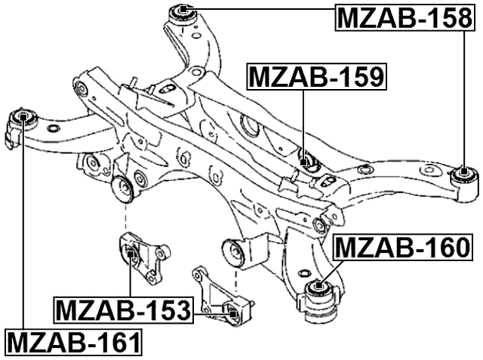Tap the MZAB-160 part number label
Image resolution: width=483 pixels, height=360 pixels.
pos(402,247)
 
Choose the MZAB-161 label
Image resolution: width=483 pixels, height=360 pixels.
pos(73,343)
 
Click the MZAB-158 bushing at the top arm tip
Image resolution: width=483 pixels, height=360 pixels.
pos(183,11)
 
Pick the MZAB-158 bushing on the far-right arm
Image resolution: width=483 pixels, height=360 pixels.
pos(464,174)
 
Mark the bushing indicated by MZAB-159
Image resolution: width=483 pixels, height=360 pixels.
pos(305,162)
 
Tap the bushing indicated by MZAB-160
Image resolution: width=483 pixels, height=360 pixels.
pos(319,286)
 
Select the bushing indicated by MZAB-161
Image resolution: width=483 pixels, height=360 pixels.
pos(24,117)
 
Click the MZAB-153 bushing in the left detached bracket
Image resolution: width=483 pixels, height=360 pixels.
pos(131,253)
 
